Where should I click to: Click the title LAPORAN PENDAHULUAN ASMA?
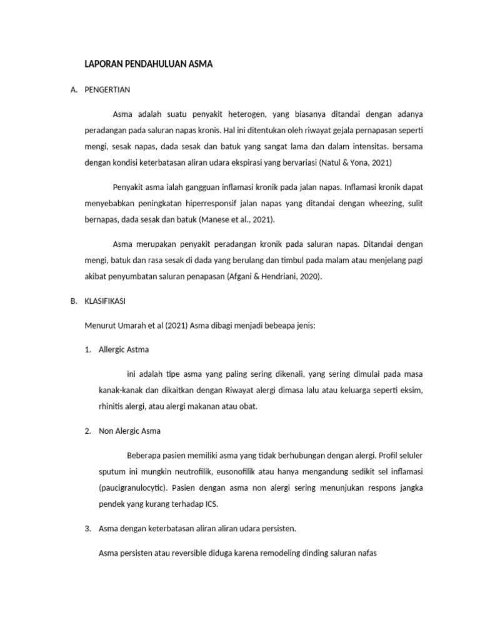click(149, 64)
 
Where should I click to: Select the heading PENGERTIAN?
click(107, 89)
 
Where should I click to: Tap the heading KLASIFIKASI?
click(104, 301)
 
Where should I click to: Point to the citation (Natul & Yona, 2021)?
click(355, 162)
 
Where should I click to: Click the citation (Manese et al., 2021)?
click(237, 220)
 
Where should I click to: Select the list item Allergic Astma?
click(124, 349)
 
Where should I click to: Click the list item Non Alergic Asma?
click(129, 431)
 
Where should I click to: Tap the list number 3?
click(87, 528)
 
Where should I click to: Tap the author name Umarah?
click(129, 325)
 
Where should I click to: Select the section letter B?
click(73, 301)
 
